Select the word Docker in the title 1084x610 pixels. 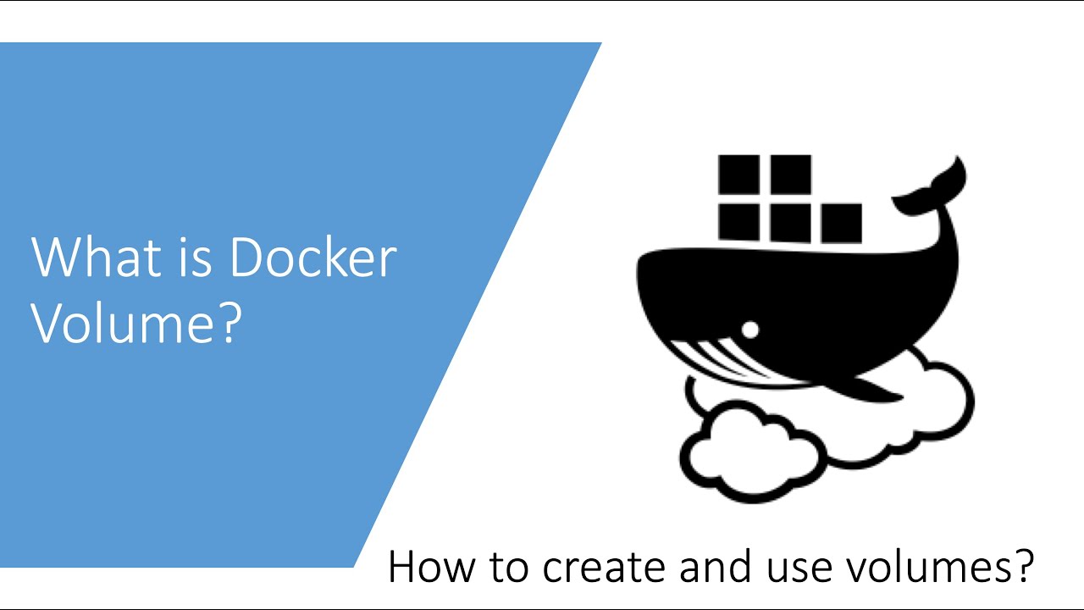pyautogui.click(x=312, y=258)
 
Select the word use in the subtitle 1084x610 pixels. pyautogui.click(x=790, y=567)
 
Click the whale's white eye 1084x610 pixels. pyautogui.click(x=749, y=328)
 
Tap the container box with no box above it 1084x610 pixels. pyautogui.click(x=841, y=223)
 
